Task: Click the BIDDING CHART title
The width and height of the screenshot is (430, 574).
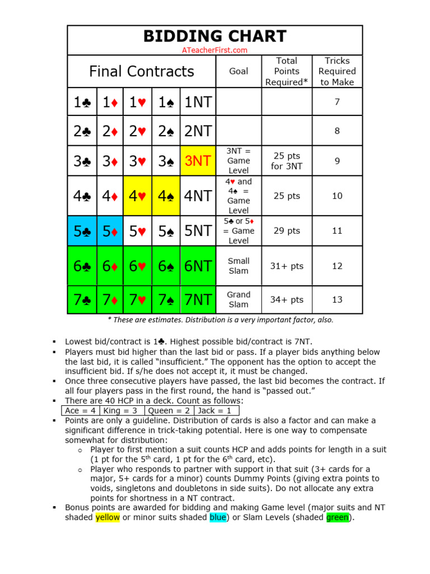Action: pos(214,36)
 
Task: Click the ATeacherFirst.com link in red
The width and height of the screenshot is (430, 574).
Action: pos(214,50)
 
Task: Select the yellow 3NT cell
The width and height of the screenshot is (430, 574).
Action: pos(198,161)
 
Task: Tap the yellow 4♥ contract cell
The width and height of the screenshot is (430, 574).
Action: pos(137,196)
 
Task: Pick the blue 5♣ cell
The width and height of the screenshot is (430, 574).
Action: pos(82,231)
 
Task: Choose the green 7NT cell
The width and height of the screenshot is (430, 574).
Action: pos(198,300)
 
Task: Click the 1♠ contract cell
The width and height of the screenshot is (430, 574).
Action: pos(166,102)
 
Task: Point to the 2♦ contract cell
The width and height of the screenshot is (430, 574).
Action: pos(110,131)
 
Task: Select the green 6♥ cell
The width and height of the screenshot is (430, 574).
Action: pos(137,266)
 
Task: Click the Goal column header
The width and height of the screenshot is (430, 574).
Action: pos(239,71)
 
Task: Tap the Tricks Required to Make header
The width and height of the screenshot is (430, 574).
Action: pos(337,71)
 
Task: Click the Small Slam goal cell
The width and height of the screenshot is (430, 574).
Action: pos(239,266)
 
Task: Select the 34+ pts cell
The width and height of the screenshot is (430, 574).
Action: pos(287,300)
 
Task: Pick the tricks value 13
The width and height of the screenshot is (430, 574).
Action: pos(337,300)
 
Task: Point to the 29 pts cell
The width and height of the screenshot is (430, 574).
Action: pos(287,231)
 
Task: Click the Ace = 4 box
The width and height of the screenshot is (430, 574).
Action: pos(80,410)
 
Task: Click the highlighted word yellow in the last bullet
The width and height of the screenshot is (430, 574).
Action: pos(107,517)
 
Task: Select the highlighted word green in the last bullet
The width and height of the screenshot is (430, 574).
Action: pos(338,517)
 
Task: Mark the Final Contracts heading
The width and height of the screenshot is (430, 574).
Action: pos(142,71)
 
